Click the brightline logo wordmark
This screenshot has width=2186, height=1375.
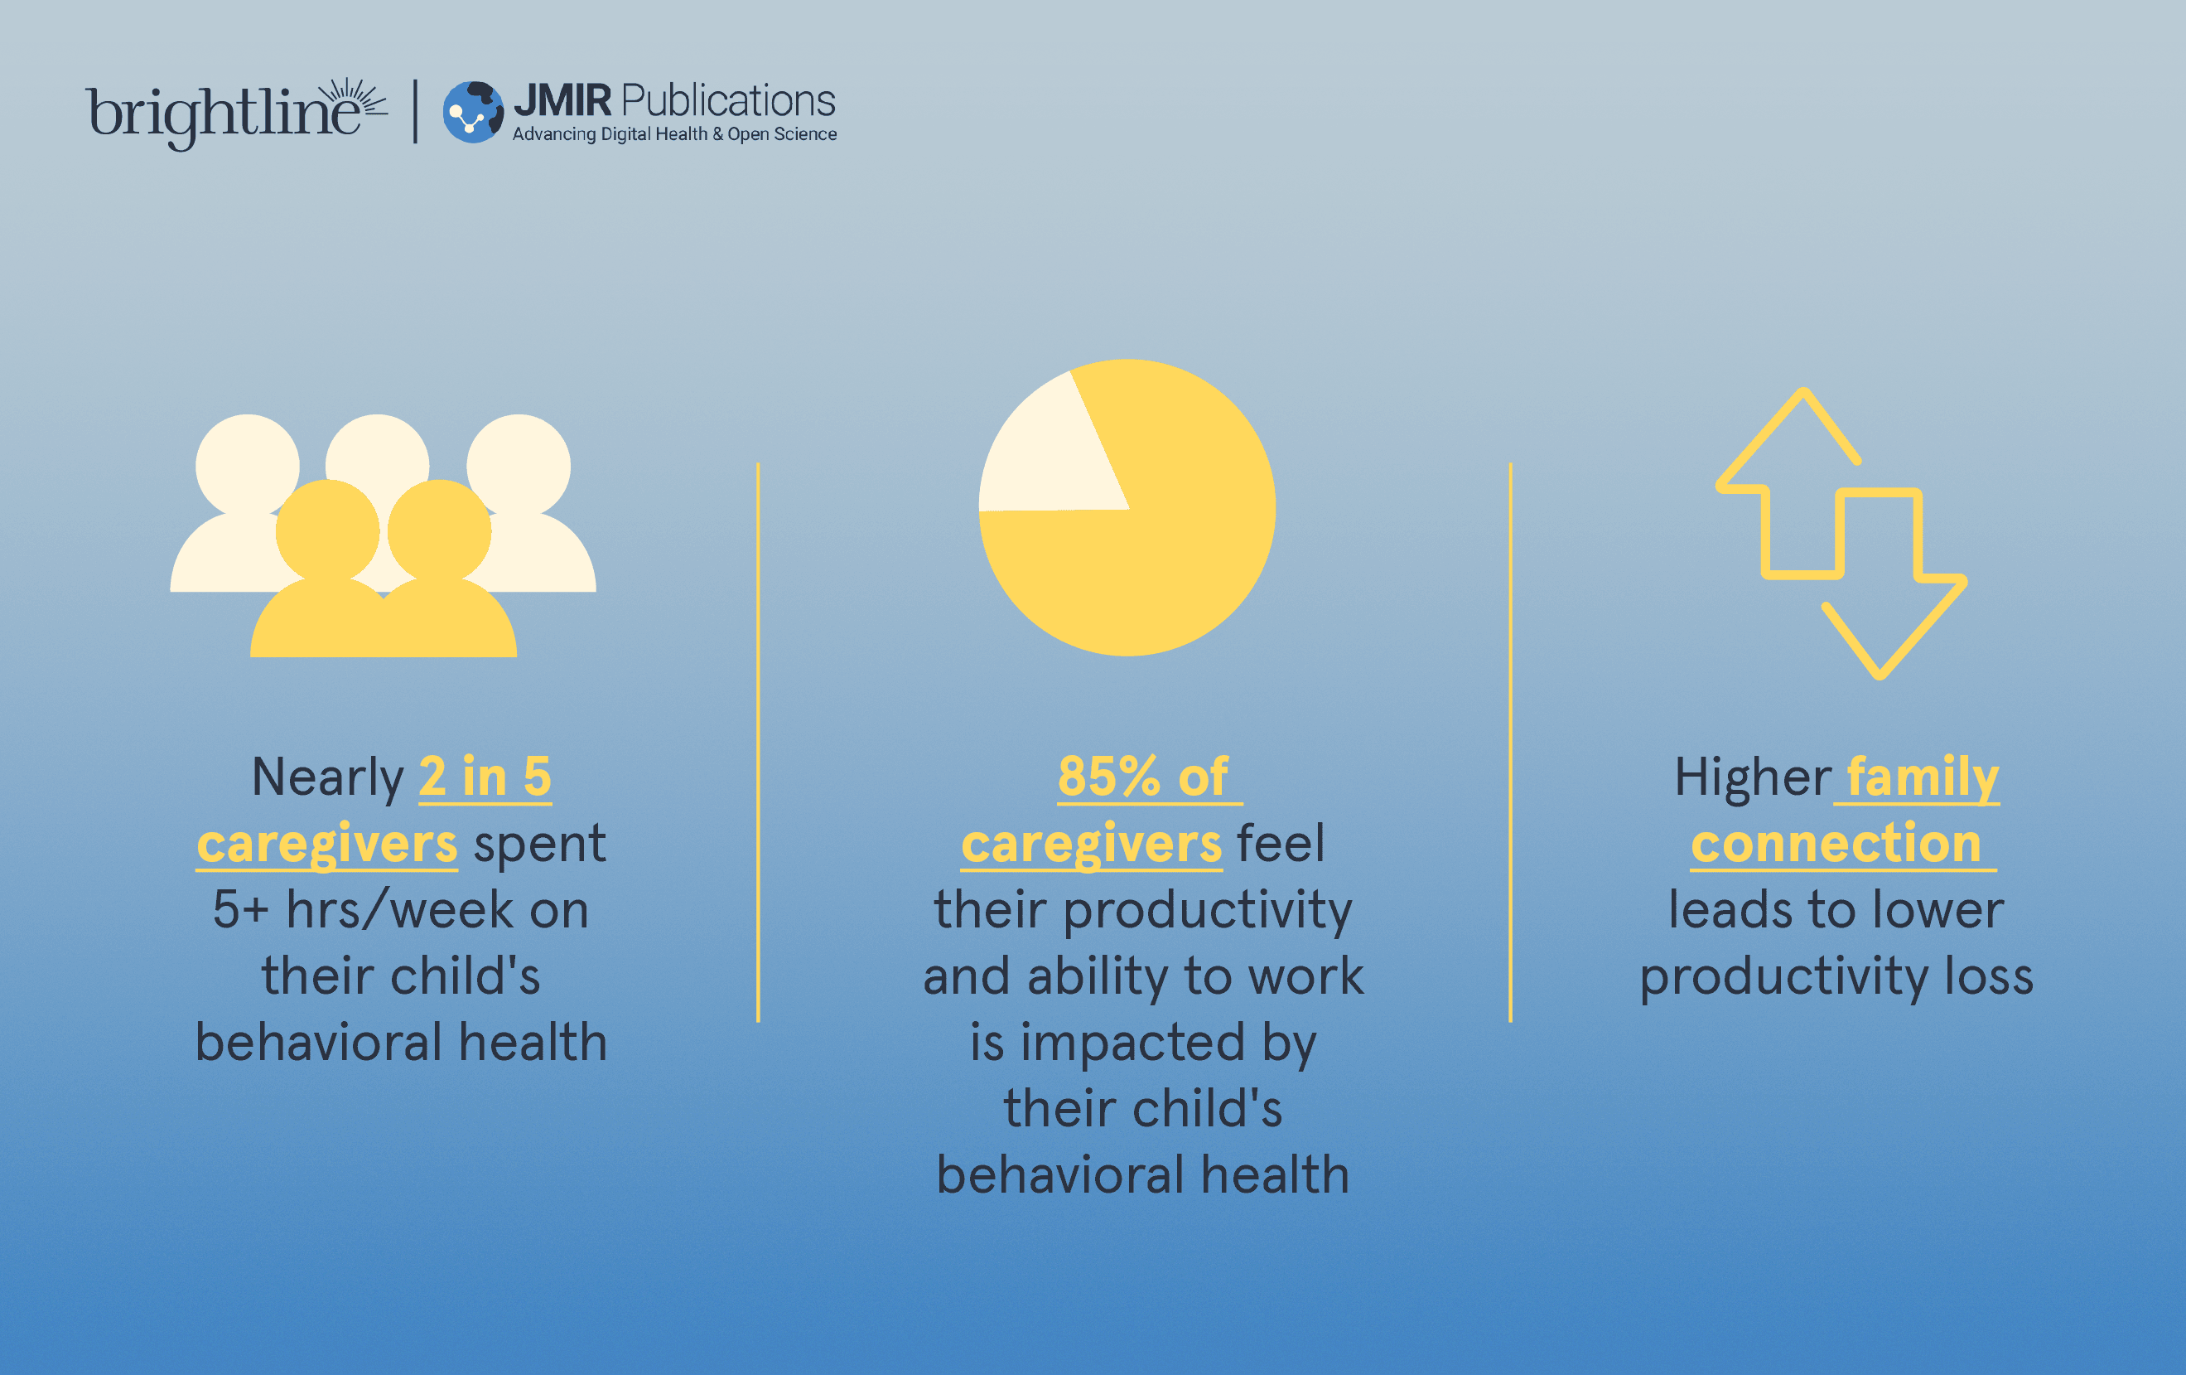pyautogui.click(x=236, y=114)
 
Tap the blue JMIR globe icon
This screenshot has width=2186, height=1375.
pyautogui.click(x=473, y=112)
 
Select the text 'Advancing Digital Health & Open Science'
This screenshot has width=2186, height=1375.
pyautogui.click(x=674, y=134)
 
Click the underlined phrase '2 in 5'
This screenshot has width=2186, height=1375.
pyautogui.click(x=485, y=777)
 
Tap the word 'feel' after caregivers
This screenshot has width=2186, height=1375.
pyautogui.click(x=1280, y=843)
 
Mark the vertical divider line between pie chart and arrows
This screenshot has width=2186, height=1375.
pyautogui.click(x=1511, y=742)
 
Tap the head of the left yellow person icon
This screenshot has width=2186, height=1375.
pyautogui.click(x=328, y=531)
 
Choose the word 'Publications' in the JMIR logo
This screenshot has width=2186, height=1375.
pyautogui.click(x=728, y=102)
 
